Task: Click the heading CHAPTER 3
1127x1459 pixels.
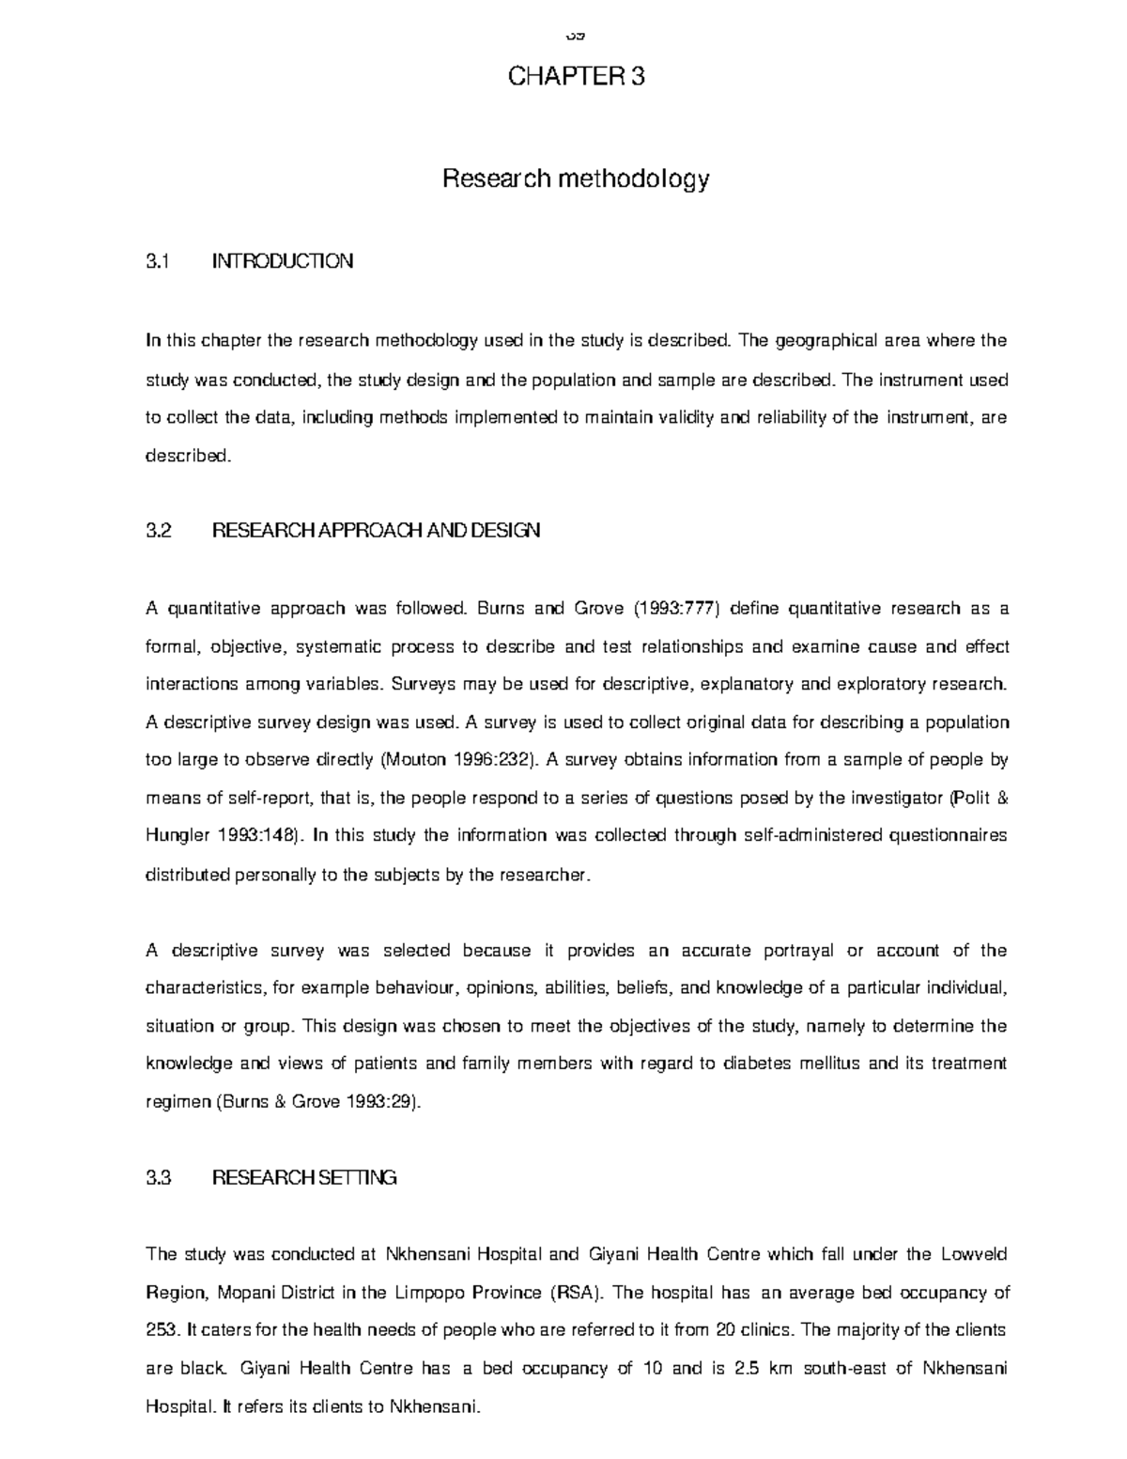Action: (576, 77)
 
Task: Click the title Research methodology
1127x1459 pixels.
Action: (576, 178)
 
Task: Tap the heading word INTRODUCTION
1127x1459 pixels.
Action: (283, 261)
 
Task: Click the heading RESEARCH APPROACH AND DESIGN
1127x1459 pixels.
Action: (377, 531)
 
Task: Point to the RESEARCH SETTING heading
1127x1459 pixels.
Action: (304, 1178)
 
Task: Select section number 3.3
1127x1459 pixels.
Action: (160, 1178)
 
